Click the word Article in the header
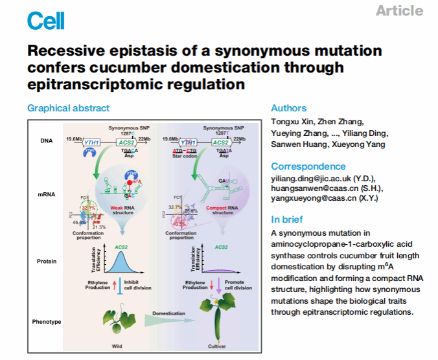click(399, 11)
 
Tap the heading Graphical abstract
click(68, 108)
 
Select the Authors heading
click(288, 108)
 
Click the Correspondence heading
click(308, 166)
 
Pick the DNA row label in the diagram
click(46, 140)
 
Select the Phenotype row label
click(46, 321)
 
